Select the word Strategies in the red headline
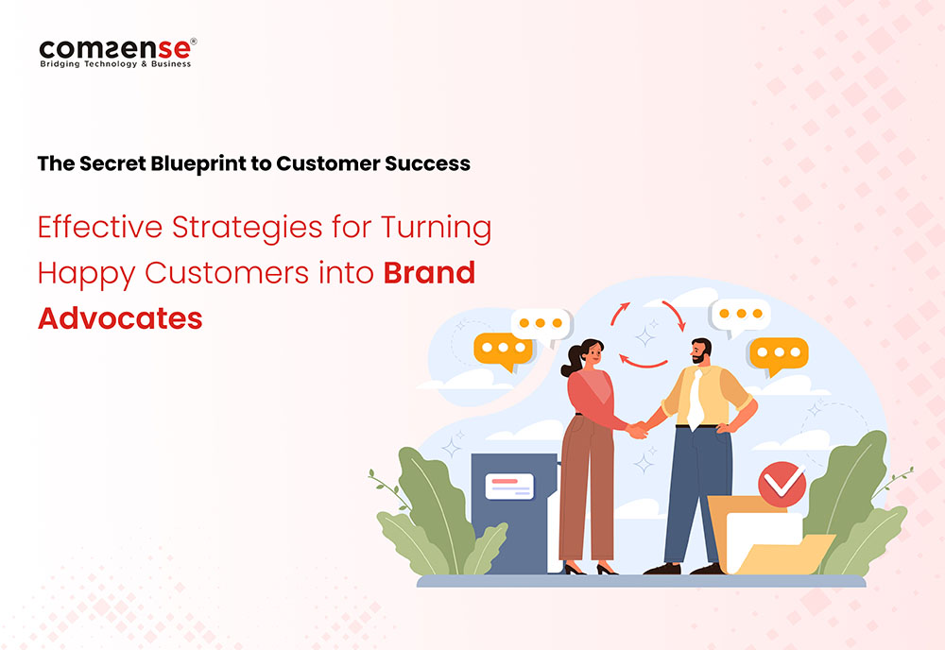[247, 229]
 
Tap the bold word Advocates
[120, 318]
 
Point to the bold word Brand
[429, 273]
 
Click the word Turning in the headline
[437, 229]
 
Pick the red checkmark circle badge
[782, 484]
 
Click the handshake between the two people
[638, 430]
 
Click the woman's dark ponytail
[572, 360]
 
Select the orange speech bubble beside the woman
[503, 351]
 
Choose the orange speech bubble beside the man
[778, 355]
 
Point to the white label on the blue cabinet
[509, 487]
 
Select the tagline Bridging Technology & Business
[115, 64]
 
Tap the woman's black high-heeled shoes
[590, 568]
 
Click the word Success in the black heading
[427, 163]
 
